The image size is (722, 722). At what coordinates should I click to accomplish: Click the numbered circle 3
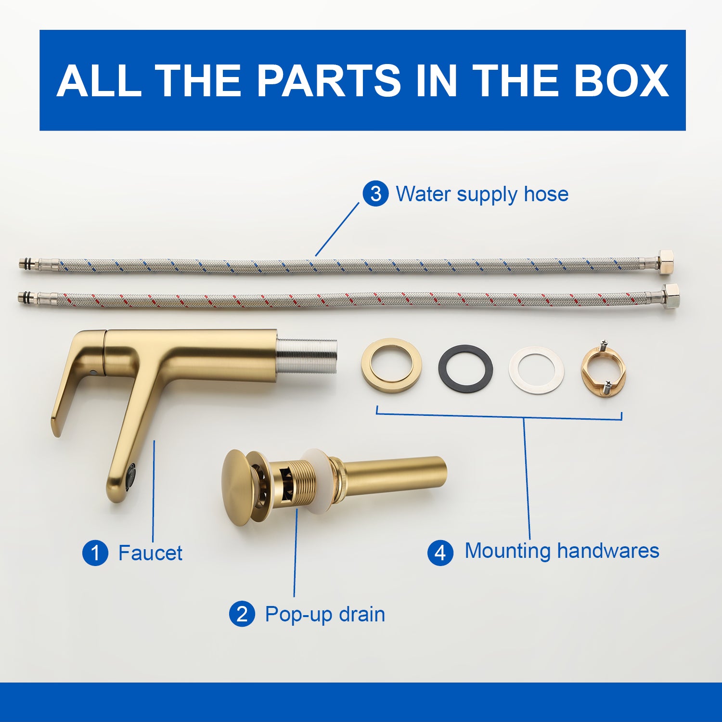[375, 194]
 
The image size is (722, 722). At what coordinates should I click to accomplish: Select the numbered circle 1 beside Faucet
[95, 553]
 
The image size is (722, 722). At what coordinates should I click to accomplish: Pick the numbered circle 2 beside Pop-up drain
[242, 614]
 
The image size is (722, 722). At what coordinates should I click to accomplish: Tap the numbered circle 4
[440, 553]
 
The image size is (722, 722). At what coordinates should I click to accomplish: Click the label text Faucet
[150, 553]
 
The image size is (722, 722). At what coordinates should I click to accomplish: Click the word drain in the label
[361, 614]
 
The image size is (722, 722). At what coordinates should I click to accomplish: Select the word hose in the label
[546, 194]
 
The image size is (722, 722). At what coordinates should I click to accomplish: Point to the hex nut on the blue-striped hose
[665, 262]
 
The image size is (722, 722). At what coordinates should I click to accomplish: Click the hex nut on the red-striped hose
[670, 297]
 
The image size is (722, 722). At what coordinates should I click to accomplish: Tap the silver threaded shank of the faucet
[307, 356]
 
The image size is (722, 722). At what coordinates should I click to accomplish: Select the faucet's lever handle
[77, 380]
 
